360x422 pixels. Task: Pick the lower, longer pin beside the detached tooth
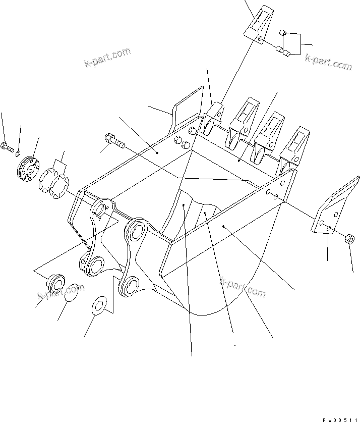(281, 50)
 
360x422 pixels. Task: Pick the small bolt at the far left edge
(7, 147)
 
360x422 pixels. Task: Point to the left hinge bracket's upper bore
(102, 209)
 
